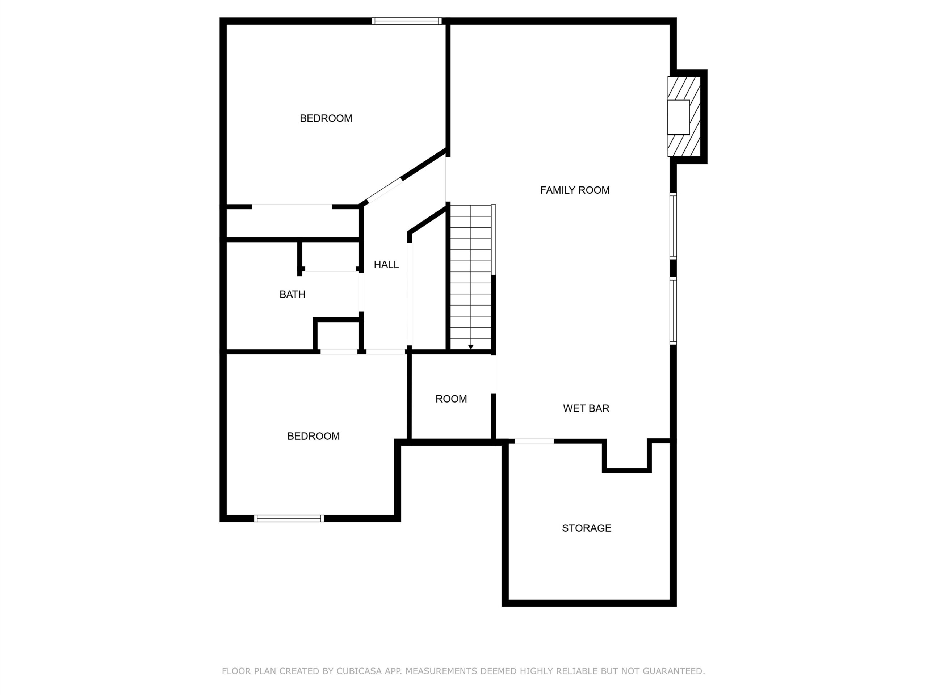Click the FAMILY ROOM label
click(x=575, y=190)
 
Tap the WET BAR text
click(x=586, y=408)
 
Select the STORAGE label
click(x=586, y=528)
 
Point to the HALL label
click(x=386, y=265)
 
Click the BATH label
click(x=292, y=295)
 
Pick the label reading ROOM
click(x=451, y=399)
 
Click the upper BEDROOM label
click(x=326, y=119)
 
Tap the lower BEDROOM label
click(x=313, y=436)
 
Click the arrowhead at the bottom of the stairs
click(x=471, y=347)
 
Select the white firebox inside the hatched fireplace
click(x=679, y=117)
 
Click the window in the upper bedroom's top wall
click(x=407, y=21)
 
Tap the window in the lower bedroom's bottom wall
click(x=289, y=519)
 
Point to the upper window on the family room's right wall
click(x=673, y=226)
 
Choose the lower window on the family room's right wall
click(x=673, y=311)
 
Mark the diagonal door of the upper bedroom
click(x=385, y=191)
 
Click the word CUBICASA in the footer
click(x=359, y=671)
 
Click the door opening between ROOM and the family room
click(x=493, y=374)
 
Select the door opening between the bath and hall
click(x=361, y=292)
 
